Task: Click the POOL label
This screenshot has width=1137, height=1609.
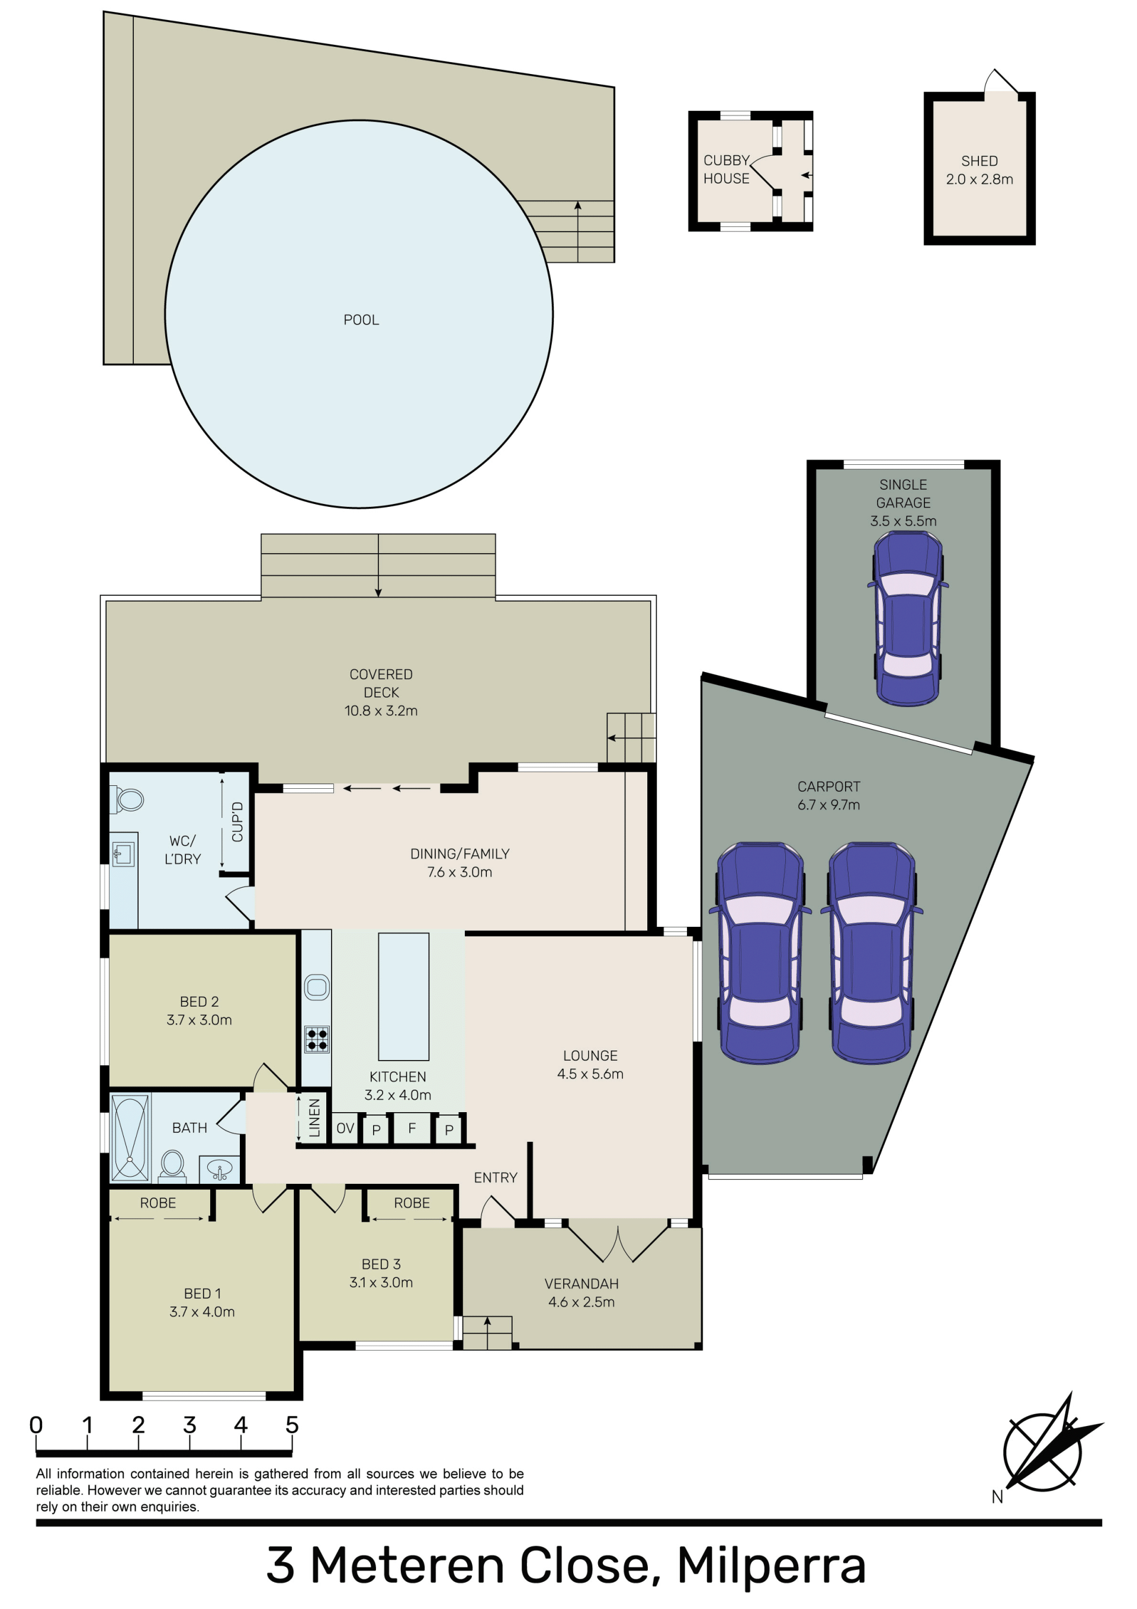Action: (x=361, y=320)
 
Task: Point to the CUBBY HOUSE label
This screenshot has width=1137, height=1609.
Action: (x=726, y=169)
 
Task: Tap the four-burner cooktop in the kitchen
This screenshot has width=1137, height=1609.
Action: (x=317, y=1039)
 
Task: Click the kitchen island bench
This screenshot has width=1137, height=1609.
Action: (x=403, y=997)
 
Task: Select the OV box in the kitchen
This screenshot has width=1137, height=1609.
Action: (x=345, y=1128)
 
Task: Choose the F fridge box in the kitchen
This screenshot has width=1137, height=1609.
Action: (x=412, y=1128)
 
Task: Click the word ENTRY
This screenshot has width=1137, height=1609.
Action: (x=496, y=1178)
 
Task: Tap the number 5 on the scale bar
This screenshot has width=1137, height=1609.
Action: (x=291, y=1425)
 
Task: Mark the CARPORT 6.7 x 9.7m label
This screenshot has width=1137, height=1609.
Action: (x=828, y=796)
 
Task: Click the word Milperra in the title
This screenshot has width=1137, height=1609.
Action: (x=771, y=1566)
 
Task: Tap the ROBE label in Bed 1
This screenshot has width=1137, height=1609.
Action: (x=158, y=1203)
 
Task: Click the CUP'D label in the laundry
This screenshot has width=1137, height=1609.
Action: (x=237, y=822)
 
